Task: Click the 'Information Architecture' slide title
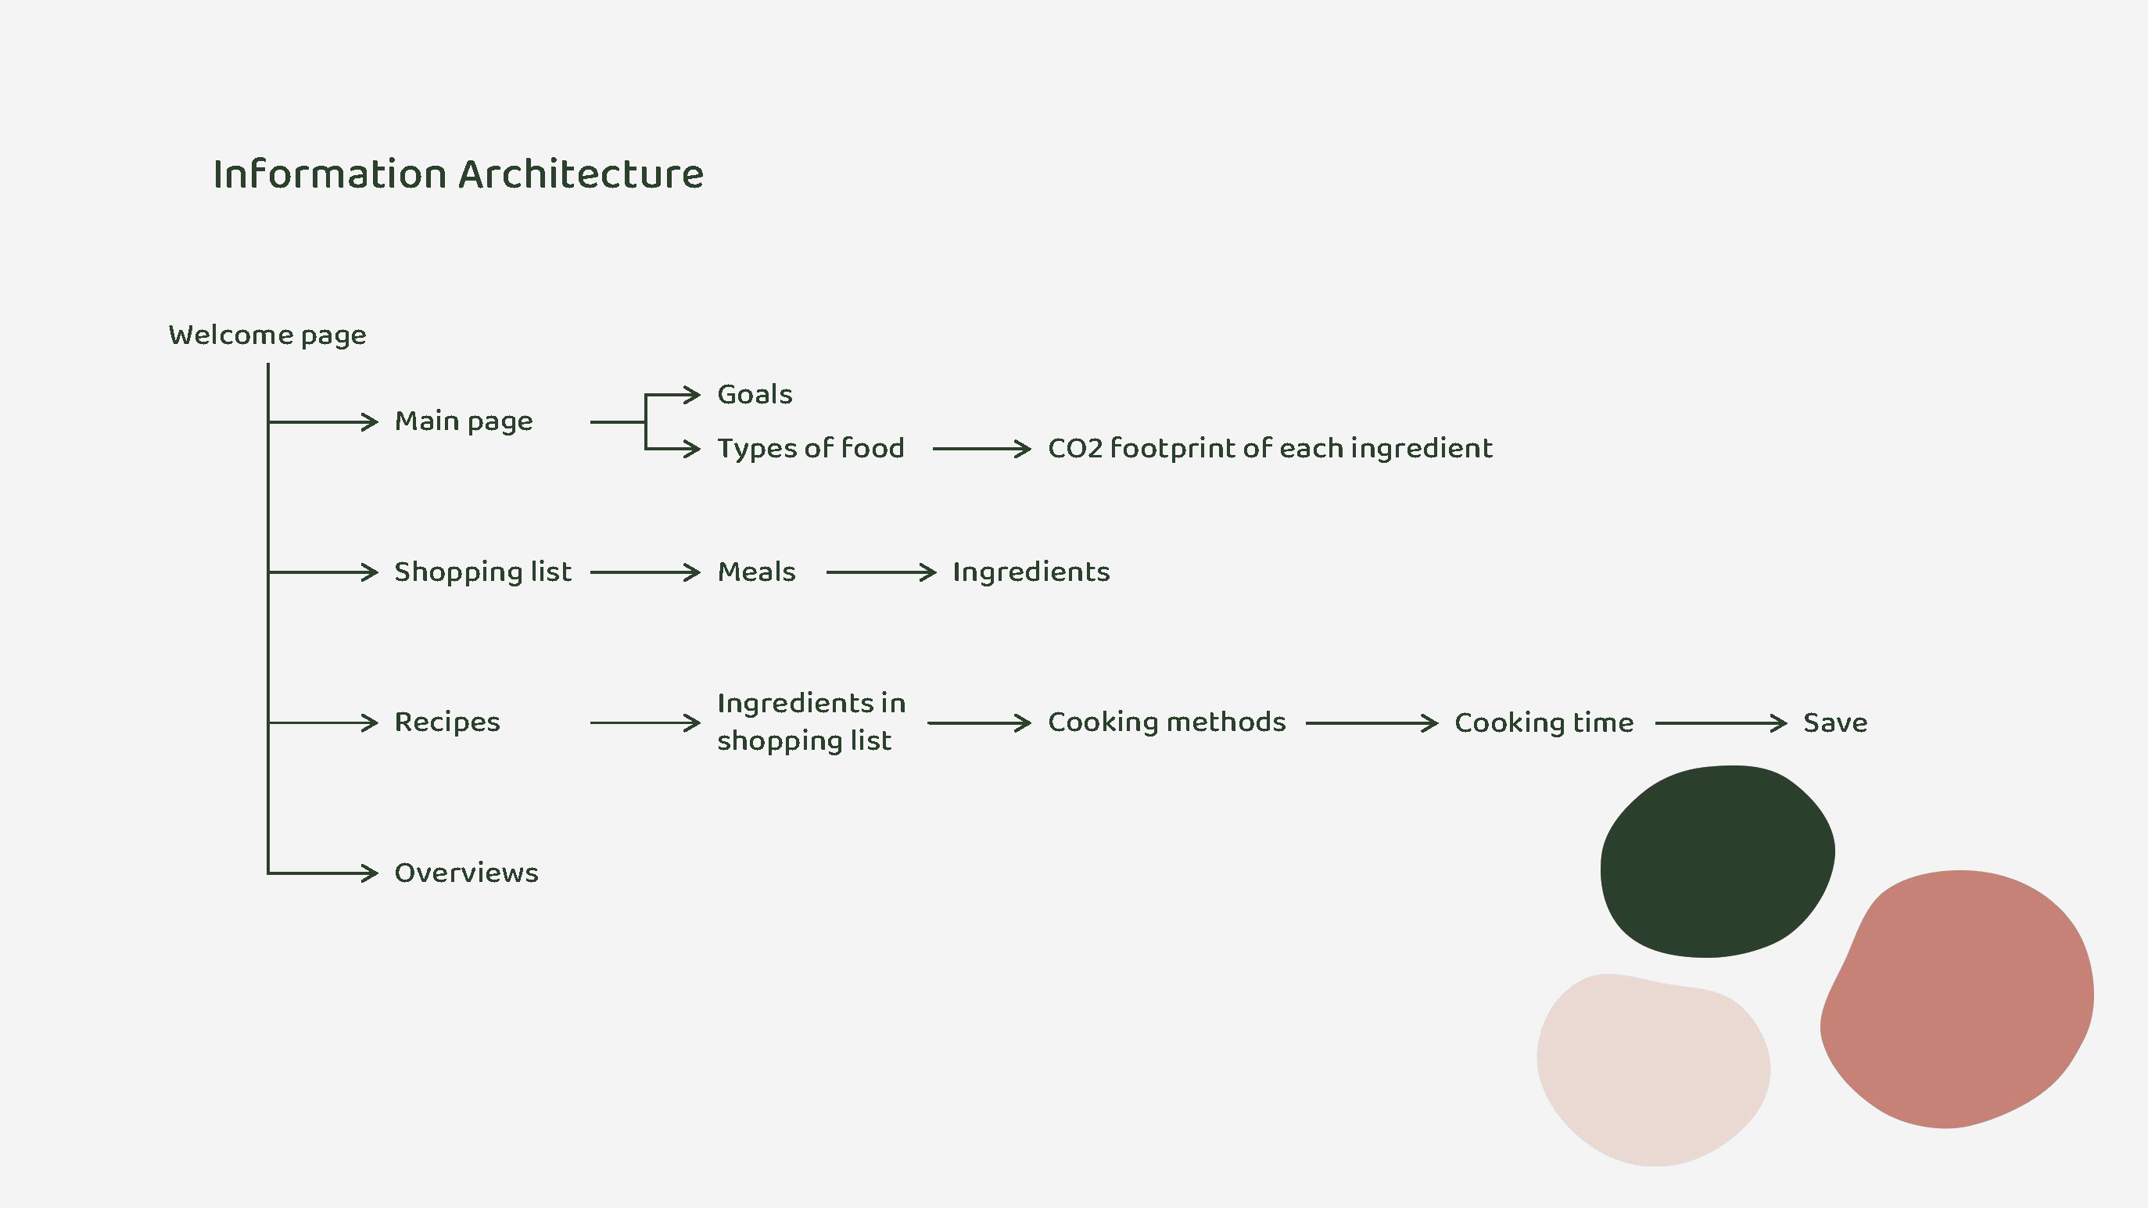click(x=457, y=174)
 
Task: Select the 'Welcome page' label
click(x=267, y=335)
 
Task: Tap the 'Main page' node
click(x=464, y=421)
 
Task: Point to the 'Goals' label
click(x=755, y=394)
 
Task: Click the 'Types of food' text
click(x=811, y=449)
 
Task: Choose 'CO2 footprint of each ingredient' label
click(x=1269, y=449)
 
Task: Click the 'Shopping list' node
click(x=482, y=572)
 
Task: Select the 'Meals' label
click(x=756, y=572)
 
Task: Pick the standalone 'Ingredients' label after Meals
click(x=1031, y=572)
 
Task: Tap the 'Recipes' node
click(x=447, y=722)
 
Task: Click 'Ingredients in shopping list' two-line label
click(x=811, y=722)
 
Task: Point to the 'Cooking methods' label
click(x=1167, y=722)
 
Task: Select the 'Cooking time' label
click(x=1544, y=722)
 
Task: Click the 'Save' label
click(x=1834, y=722)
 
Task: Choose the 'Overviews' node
click(x=466, y=873)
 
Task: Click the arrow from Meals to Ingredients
click(x=880, y=572)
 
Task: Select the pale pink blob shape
click(x=1653, y=1070)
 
